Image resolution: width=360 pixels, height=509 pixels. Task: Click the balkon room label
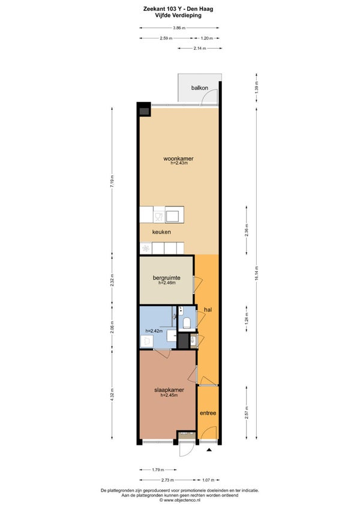199,88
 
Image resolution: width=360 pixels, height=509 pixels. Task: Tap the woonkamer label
178,158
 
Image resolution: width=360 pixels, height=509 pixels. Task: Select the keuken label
161,232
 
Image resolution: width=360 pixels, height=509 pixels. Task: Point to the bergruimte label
167,278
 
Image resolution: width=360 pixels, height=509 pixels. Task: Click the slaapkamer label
169,390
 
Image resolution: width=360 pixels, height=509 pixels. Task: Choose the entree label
208,413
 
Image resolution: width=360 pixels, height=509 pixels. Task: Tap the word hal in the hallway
208,310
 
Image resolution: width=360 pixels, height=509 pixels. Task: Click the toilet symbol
187,323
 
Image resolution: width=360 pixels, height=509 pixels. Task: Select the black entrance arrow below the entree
209,450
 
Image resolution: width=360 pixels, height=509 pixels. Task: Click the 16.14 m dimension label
256,273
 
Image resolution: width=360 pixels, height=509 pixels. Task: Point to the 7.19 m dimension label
112,181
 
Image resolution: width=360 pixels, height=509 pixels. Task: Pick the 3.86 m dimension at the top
179,28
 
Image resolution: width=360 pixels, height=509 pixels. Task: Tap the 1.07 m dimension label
208,480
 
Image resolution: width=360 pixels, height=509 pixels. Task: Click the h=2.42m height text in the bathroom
154,331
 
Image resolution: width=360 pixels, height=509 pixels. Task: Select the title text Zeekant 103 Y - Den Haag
178,9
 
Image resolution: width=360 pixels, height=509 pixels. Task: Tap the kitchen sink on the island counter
174,216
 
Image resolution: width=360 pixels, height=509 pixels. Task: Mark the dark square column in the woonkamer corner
144,112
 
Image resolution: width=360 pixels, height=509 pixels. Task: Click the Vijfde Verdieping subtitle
178,15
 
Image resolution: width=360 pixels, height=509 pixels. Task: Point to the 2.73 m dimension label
167,480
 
